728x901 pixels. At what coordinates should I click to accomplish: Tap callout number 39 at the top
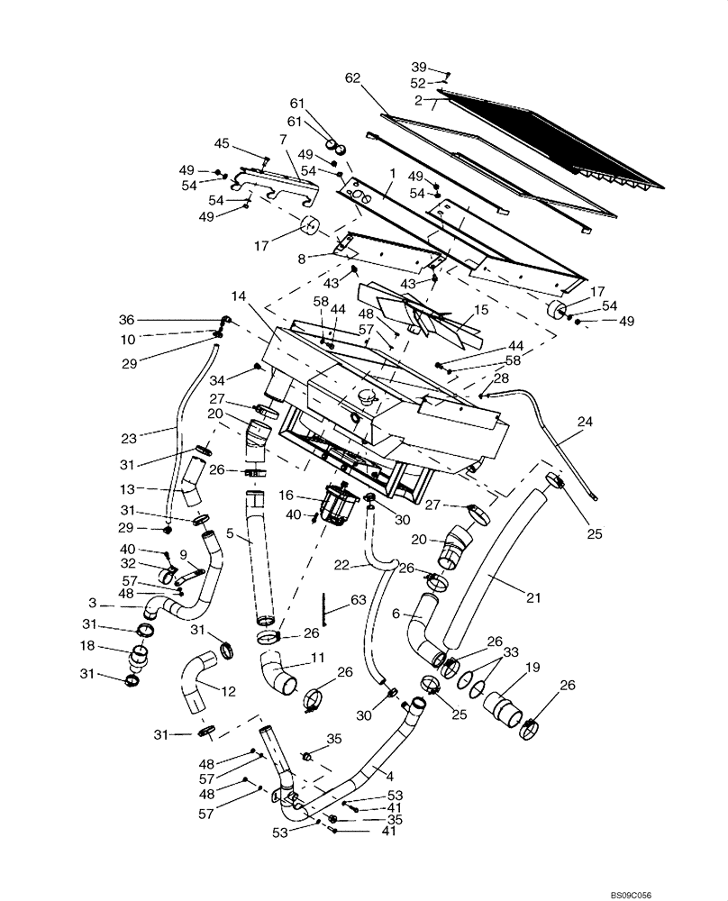419,68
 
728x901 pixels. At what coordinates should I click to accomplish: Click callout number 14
238,295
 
